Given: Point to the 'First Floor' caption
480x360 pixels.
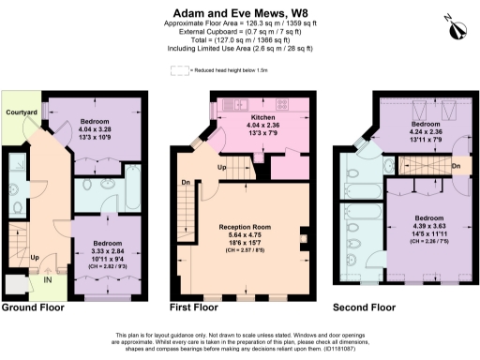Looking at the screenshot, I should point(193,307).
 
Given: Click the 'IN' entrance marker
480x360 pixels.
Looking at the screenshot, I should point(47,278).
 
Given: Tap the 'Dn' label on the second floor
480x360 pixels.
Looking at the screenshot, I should point(456,167).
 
